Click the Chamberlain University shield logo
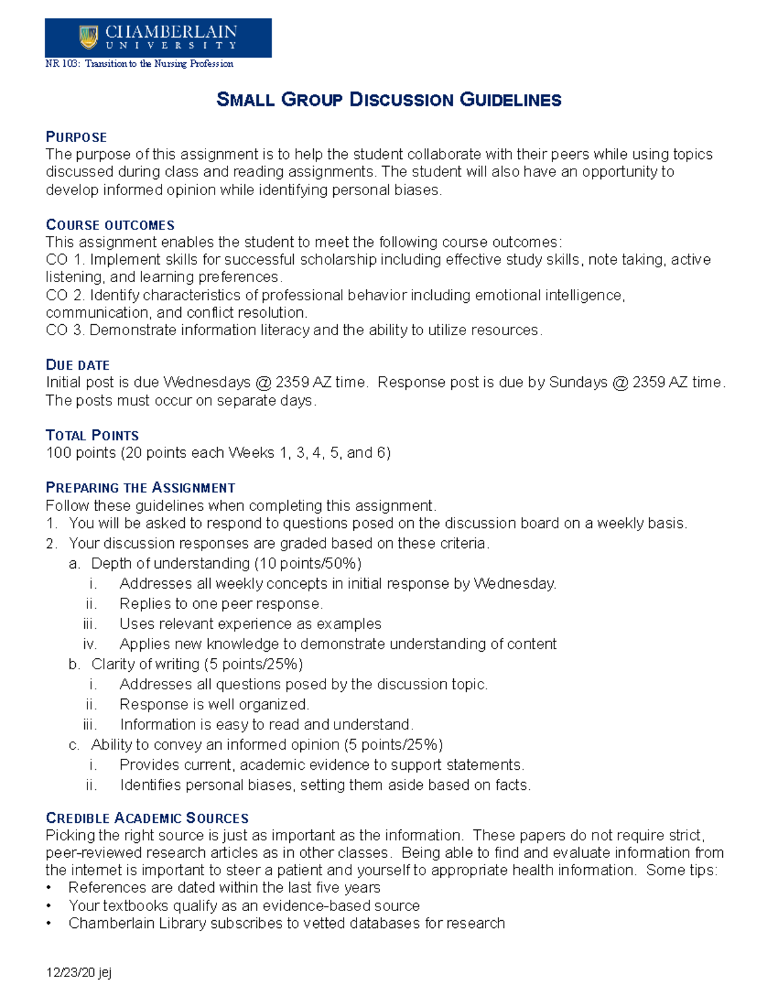click(x=88, y=37)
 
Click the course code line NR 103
click(x=139, y=64)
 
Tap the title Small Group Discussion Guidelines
click(x=388, y=100)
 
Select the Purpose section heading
click(x=76, y=137)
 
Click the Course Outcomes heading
click(x=110, y=225)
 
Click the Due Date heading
click(x=77, y=365)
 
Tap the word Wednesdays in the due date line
click(x=206, y=383)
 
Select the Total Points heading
click(x=92, y=435)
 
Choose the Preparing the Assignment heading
click(x=140, y=488)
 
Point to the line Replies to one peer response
click(x=220, y=604)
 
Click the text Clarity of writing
click(x=145, y=664)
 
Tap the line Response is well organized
click(x=214, y=704)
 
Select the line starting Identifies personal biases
click(x=325, y=785)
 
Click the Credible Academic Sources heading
click(x=147, y=818)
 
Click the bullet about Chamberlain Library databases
click(x=286, y=923)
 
